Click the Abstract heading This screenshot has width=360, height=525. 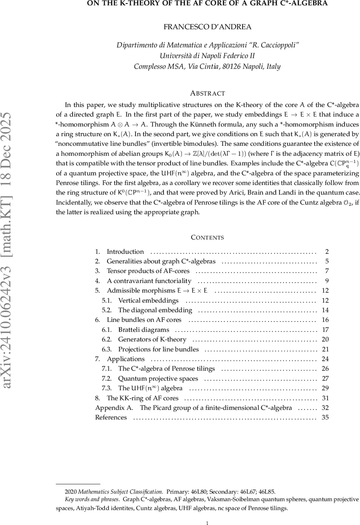pyautogui.click(x=207, y=93)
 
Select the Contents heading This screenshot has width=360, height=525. pyautogui.click(x=207, y=238)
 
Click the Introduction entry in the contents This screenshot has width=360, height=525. pyautogui.click(x=125, y=252)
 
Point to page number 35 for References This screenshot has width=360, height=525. pyautogui.click(x=325, y=417)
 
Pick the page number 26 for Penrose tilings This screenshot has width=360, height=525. pyautogui.click(x=325, y=369)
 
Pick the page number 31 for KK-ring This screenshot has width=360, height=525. pyautogui.click(x=325, y=398)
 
